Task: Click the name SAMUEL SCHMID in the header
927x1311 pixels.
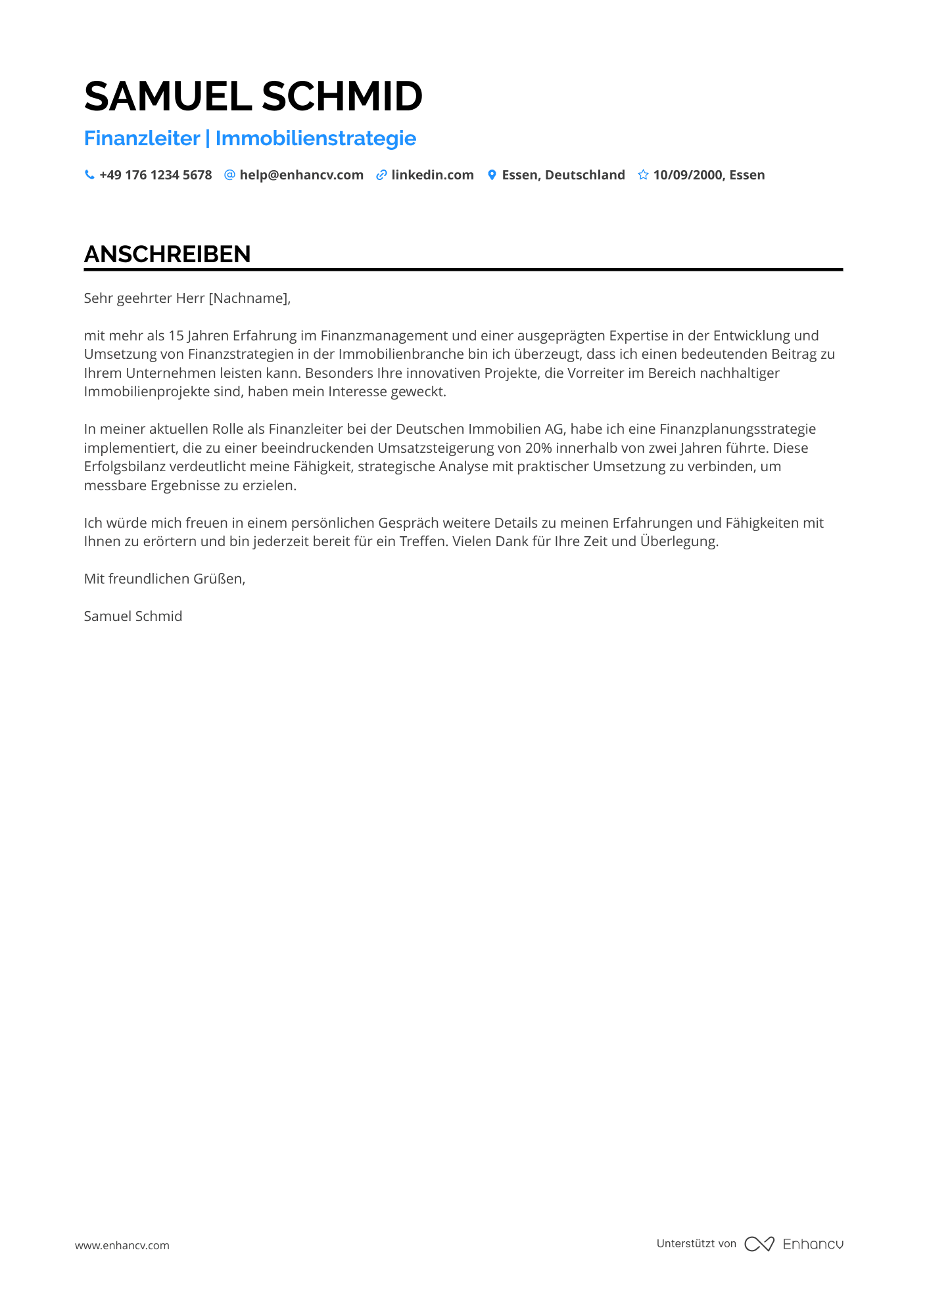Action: (253, 97)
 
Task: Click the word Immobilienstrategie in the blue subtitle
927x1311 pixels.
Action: (316, 139)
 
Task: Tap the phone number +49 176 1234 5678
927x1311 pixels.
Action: (155, 175)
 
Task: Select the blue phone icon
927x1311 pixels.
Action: (89, 175)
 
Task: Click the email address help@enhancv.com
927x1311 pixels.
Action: (301, 175)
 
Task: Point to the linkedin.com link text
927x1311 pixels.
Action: (433, 175)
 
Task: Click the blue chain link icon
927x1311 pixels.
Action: (381, 175)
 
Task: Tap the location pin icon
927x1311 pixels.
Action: (492, 175)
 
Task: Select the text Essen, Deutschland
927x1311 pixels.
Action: (563, 175)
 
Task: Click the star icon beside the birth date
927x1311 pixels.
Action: (643, 175)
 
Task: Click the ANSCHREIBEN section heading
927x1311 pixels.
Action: (168, 254)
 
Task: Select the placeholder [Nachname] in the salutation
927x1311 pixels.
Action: (248, 298)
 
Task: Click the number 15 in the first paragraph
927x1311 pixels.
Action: (176, 336)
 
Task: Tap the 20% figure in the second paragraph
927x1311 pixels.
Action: (538, 448)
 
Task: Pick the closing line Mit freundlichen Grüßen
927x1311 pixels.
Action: (164, 579)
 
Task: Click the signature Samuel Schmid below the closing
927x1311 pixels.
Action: (133, 616)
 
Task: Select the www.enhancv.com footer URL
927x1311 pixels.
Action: (122, 1245)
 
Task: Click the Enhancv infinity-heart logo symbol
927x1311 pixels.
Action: (759, 1244)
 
